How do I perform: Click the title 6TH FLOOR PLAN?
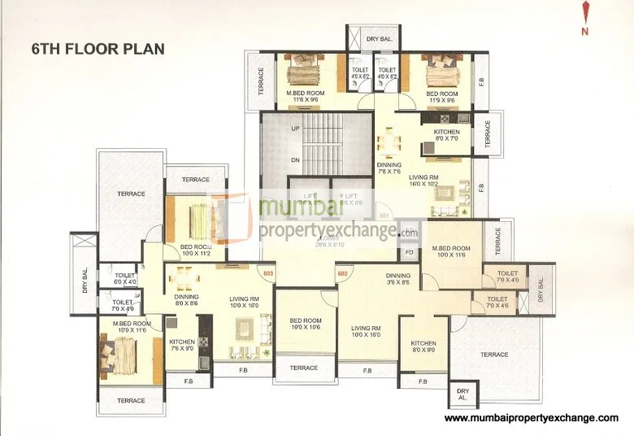pos(98,48)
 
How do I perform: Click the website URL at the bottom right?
pos(532,417)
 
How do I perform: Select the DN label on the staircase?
pos(295,159)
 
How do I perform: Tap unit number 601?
pos(384,216)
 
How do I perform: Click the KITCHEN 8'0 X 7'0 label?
pos(446,135)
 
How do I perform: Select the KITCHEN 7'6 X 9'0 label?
pos(181,346)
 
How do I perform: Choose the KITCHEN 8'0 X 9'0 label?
pos(423,347)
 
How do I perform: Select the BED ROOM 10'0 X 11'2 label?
pos(196,250)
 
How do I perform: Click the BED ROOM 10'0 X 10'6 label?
pos(306,324)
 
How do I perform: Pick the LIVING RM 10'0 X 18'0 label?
pos(367,331)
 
